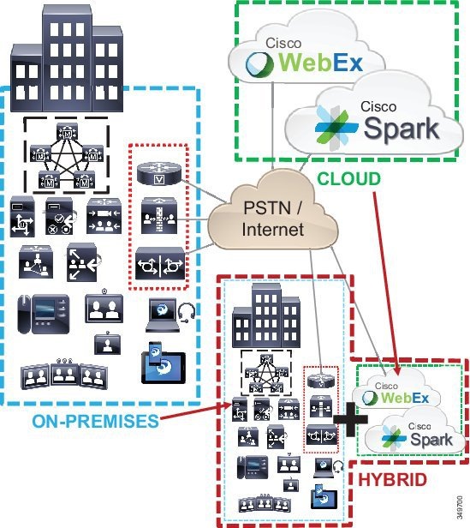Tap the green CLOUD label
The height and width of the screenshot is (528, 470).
point(349,179)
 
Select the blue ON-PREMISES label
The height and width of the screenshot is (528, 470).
point(96,421)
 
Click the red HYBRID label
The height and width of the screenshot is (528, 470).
point(393,479)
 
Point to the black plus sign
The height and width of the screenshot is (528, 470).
point(350,419)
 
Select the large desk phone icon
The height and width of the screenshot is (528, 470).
point(44,315)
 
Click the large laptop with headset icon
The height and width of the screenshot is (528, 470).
point(171,315)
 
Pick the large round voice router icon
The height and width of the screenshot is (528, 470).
point(159,173)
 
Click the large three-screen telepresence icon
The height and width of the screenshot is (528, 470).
point(64,374)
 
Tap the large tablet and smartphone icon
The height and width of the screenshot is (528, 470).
point(164,363)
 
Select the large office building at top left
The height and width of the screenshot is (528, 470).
point(67,59)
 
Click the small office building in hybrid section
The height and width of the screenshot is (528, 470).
point(266,315)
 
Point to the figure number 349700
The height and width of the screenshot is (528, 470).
point(460,507)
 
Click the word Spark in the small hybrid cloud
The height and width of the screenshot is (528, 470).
point(431,440)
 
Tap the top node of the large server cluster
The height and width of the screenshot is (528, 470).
point(68,132)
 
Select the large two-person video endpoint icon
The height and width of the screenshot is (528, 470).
point(104,307)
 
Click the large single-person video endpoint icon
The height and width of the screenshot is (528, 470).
point(107,343)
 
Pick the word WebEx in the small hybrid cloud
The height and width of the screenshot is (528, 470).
point(405,398)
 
